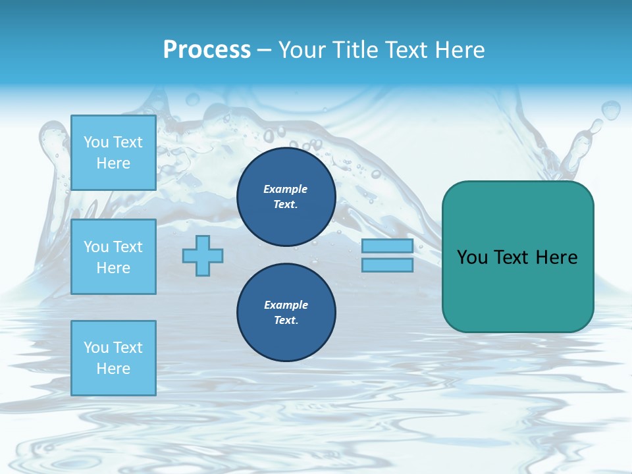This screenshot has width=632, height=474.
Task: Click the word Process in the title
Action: pos(207,50)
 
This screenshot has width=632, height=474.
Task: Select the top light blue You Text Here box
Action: pos(113,153)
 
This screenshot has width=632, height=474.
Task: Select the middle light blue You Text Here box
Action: pos(113,257)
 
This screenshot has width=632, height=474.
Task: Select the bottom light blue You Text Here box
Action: pos(113,358)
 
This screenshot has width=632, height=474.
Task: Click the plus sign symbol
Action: pos(203,256)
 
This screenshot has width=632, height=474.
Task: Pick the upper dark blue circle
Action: pos(286,197)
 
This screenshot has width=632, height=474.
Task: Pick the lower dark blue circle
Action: pos(286,313)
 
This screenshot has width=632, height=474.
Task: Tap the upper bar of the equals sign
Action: pos(387,246)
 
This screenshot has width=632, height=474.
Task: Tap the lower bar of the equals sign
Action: pos(387,265)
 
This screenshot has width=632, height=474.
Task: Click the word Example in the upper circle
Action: pos(286,189)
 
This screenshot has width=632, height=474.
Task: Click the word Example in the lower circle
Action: pos(286,305)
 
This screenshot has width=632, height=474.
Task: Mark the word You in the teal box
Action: pos(472,257)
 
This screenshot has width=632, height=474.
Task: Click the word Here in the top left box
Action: pos(113,163)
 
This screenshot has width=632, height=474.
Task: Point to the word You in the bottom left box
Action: pos(95,348)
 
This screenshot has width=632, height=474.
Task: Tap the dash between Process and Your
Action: pos(264,51)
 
